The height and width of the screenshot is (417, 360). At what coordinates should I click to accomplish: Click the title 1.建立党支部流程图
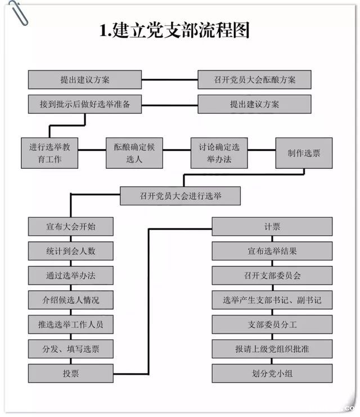coord(174,30)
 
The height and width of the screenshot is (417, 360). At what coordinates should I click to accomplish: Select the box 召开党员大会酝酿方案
coord(254,80)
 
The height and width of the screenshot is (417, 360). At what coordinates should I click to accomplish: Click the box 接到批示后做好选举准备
coord(85,104)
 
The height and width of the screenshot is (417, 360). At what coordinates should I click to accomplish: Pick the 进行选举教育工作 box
coord(49,153)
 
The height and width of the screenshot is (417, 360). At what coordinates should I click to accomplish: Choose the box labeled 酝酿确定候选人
coord(134,153)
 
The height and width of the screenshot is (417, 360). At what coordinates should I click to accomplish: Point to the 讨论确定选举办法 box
coord(219,153)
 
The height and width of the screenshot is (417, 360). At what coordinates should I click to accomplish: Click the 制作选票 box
coord(304,153)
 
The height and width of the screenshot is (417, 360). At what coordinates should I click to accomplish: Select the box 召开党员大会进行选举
coord(181,196)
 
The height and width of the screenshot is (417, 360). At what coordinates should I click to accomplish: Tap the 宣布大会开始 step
coord(71,227)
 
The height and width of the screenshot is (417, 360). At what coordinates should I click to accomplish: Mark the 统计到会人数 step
coord(71,251)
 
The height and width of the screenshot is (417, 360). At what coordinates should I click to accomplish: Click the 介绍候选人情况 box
coord(71,300)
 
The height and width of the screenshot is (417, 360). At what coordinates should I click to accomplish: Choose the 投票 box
coord(71,373)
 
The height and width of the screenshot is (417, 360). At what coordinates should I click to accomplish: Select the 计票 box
coord(272,227)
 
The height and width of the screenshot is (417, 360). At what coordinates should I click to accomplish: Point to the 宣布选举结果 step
coord(272,251)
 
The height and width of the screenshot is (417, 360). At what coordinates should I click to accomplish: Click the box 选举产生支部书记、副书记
coord(272,300)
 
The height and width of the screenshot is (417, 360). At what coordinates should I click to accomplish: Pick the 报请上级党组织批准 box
coord(272,349)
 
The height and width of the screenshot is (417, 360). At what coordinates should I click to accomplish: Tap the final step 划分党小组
coord(272,373)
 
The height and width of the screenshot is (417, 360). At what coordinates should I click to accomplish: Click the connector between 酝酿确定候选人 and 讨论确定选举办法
coord(177,150)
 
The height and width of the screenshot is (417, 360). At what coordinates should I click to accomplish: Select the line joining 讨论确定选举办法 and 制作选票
coord(262,150)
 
